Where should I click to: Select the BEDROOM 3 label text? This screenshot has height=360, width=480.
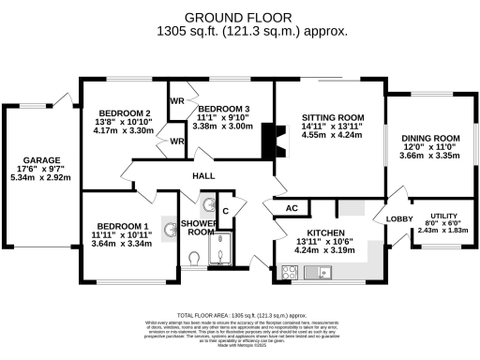[222, 110]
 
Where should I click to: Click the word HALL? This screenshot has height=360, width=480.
[203, 175]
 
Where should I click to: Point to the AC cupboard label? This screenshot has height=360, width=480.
[291, 208]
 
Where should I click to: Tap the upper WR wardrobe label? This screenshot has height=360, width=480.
[176, 100]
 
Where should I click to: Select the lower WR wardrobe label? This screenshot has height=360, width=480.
[176, 142]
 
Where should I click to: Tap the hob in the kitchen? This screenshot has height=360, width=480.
[288, 274]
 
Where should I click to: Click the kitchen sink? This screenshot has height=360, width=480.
[325, 274]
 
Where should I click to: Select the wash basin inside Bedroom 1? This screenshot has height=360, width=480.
[170, 227]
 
